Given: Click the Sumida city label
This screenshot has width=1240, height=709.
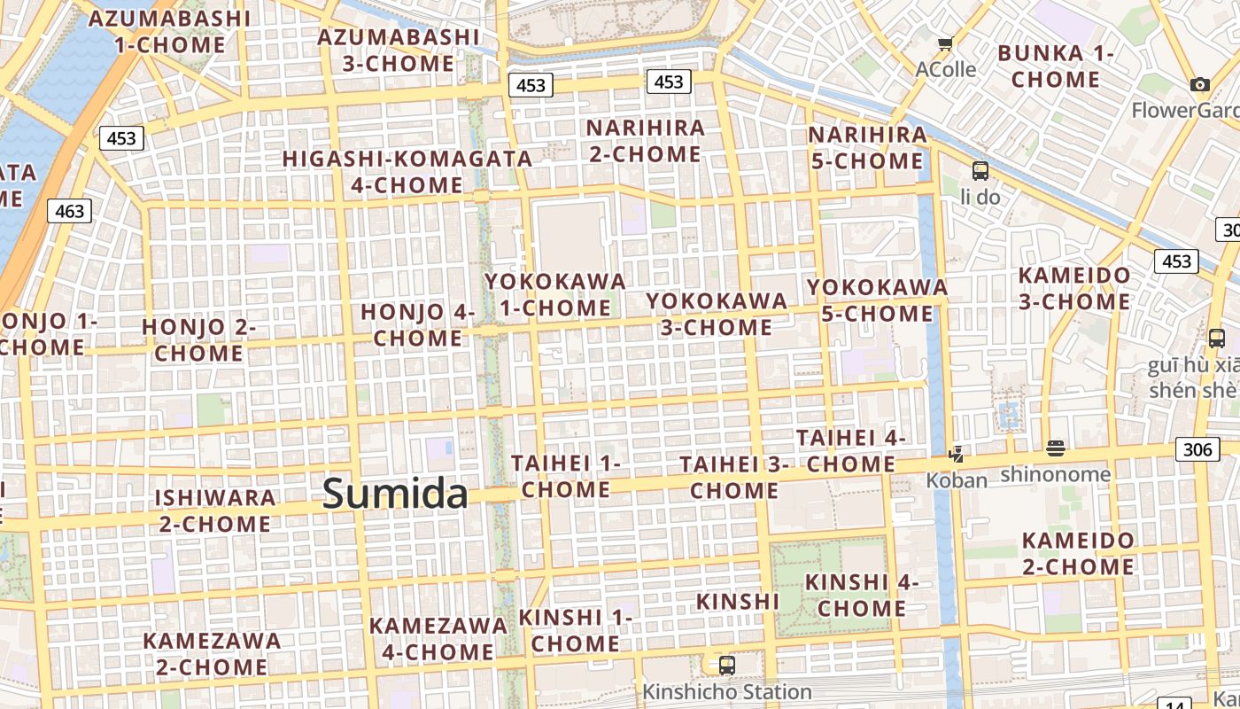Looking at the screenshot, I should click(394, 493).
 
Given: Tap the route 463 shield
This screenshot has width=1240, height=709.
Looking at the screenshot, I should click(69, 210).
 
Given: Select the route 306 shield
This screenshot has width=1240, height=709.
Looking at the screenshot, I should click(1197, 449).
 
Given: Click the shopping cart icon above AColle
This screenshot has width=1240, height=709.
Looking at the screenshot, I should click(945, 44).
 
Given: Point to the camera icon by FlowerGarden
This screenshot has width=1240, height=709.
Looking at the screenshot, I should click(1200, 85).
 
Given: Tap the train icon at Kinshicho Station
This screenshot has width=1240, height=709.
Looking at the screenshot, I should click(726, 665).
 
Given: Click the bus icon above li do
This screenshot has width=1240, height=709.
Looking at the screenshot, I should click(980, 171).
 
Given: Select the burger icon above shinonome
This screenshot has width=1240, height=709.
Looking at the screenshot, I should click(1054, 448).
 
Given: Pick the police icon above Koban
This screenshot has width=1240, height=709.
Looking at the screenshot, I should click(956, 455).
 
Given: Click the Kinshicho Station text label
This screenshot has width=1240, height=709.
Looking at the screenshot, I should click(726, 691).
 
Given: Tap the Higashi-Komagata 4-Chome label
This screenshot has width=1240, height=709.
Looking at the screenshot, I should click(407, 172).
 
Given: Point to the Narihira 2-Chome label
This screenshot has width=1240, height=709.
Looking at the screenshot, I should click(646, 141).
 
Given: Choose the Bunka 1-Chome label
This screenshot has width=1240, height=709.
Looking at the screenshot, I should click(1056, 66).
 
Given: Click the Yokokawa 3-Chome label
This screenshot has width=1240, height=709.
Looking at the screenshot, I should click(717, 314).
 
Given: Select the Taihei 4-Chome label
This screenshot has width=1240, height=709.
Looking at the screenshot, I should click(850, 450).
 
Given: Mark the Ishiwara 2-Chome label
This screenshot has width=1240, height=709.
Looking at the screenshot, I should click(215, 510).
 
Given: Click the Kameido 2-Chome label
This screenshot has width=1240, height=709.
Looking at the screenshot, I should click(1078, 553).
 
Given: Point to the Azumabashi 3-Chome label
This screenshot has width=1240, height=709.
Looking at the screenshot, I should click(399, 51).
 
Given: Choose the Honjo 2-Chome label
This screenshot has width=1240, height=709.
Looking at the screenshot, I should click(199, 339).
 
